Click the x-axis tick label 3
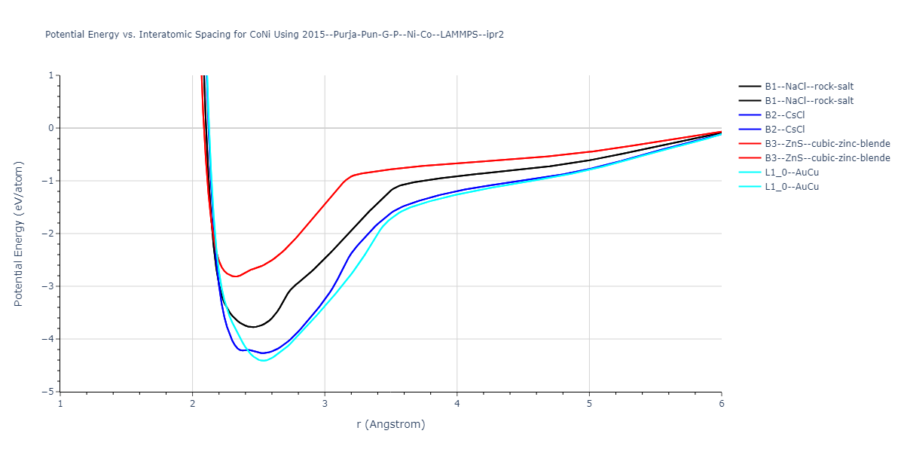(325, 403)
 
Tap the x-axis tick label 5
(589, 403)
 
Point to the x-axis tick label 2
(192, 403)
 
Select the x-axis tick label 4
(457, 403)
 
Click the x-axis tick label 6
(721, 403)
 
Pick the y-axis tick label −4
(50, 339)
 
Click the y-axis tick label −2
(50, 234)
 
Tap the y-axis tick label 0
(53, 128)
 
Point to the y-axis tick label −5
(50, 392)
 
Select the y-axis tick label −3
(50, 286)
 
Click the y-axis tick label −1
(50, 181)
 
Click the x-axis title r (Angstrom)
(391, 424)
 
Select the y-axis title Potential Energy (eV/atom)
(20, 234)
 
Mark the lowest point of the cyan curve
(262, 361)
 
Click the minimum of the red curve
(236, 276)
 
